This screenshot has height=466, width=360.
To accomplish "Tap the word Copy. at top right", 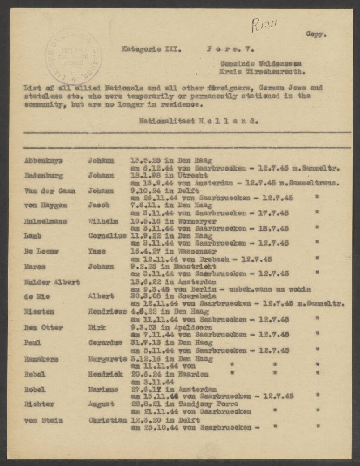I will click(316, 34).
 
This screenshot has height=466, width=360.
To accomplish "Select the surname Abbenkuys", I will click(43, 161).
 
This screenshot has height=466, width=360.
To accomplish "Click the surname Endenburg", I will click(43, 176).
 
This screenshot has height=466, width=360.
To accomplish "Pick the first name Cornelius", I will click(107, 236).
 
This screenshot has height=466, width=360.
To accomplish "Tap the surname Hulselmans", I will click(45, 221).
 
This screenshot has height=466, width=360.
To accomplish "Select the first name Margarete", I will click(107, 359).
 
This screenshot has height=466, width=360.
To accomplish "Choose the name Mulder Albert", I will click(52, 282).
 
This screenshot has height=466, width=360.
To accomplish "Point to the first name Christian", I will click(108, 419).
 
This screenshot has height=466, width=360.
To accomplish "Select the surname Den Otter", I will click(43, 328).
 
